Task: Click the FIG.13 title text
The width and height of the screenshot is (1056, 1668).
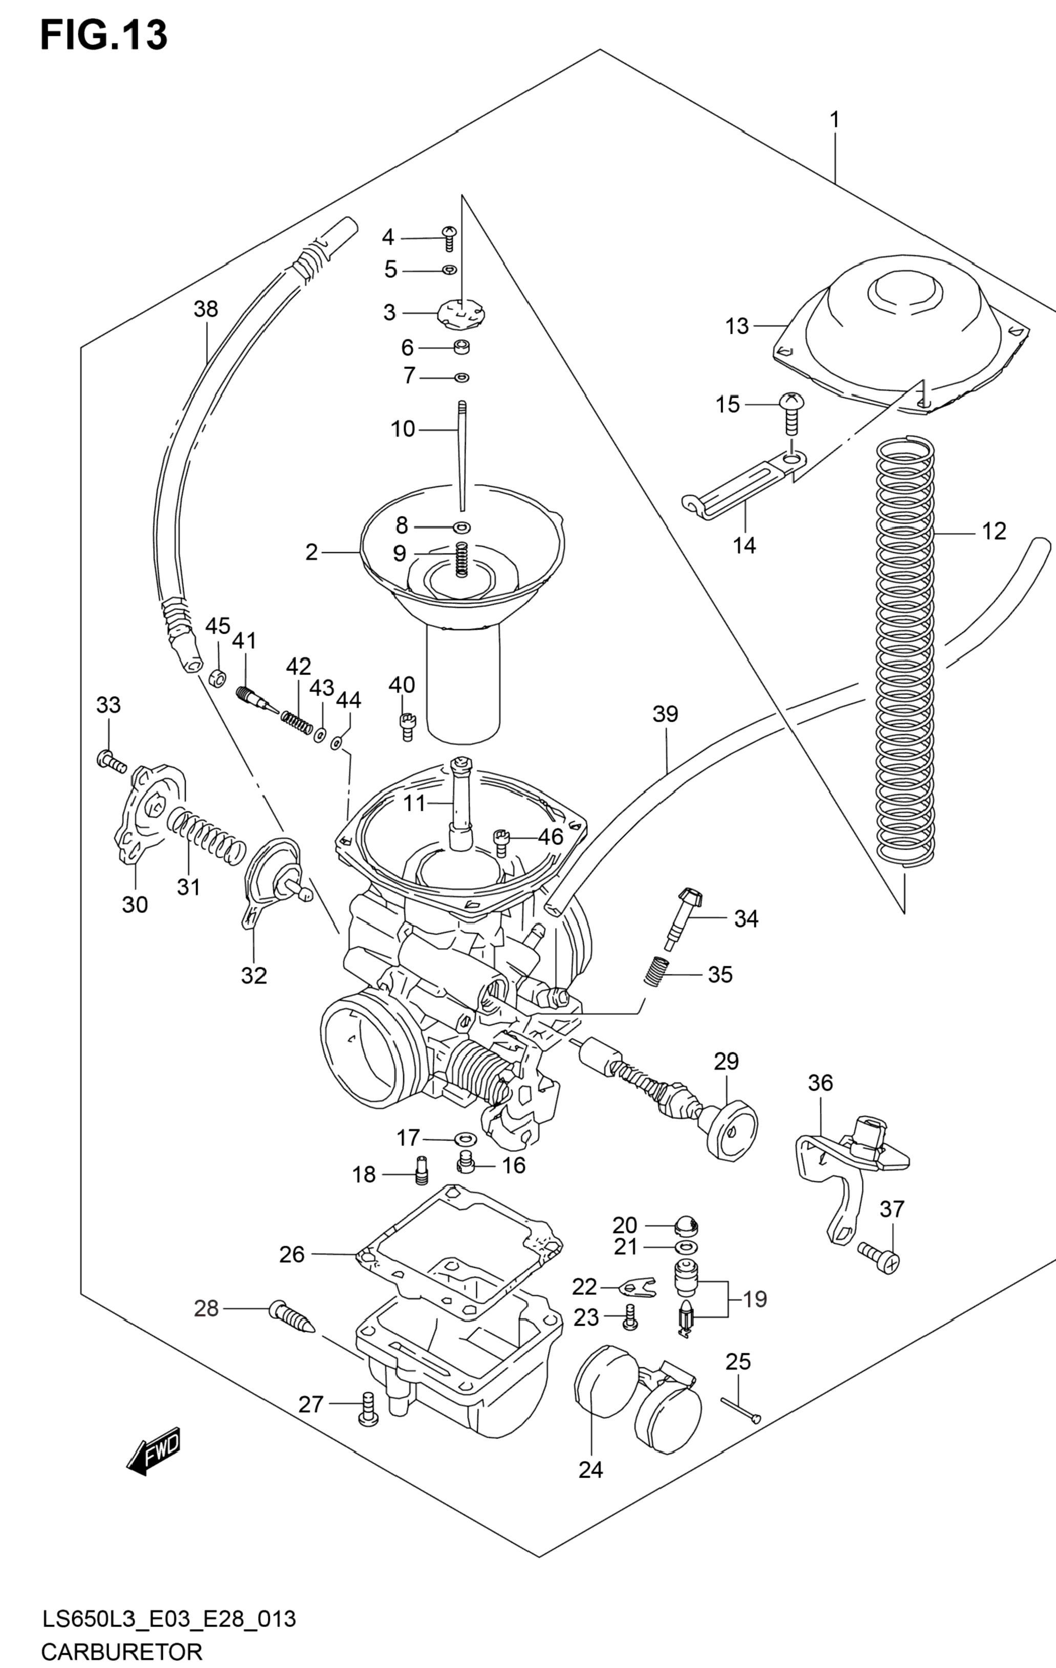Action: click(x=104, y=35)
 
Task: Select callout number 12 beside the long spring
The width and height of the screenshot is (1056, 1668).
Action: click(x=994, y=531)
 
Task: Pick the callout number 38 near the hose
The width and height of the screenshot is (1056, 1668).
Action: click(x=206, y=309)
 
